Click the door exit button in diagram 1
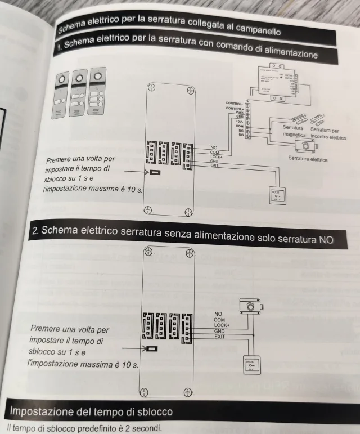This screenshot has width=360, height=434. click(x=278, y=195)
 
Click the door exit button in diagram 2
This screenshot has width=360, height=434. click(x=251, y=365)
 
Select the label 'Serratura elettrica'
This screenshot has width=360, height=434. click(x=308, y=159)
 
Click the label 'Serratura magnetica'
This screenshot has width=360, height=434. click(x=294, y=132)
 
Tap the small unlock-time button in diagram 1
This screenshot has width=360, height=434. click(x=155, y=172)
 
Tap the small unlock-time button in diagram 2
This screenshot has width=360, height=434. click(x=152, y=349)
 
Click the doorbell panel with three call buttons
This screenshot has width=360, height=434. click(x=97, y=92)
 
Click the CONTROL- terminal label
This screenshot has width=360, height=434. click(x=233, y=104)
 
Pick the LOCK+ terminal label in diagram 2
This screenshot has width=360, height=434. click(x=222, y=325)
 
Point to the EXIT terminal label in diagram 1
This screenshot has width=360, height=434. click(x=214, y=165)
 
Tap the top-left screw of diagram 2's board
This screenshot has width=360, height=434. click(x=148, y=251)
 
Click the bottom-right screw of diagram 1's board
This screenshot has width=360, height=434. click(x=189, y=212)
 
